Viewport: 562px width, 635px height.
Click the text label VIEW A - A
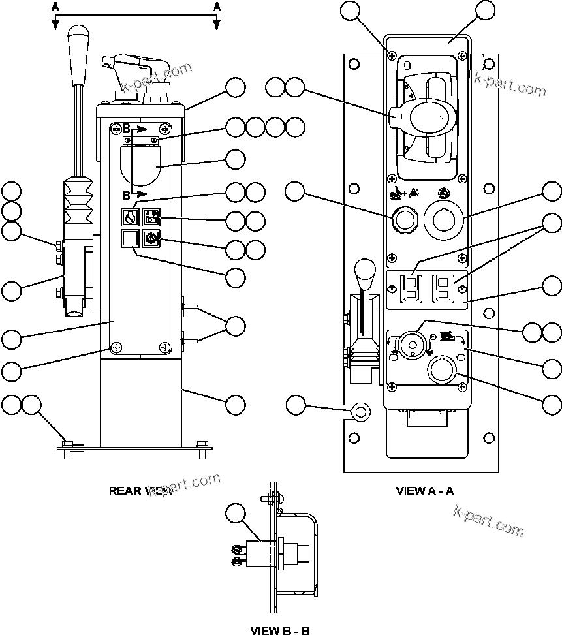click(424, 491)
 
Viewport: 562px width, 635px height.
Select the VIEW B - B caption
click(280, 630)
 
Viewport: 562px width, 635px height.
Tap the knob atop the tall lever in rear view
click(78, 37)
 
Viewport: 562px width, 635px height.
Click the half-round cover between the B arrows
click(140, 165)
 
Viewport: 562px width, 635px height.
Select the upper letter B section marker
click(127, 129)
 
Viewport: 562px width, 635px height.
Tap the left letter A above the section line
click(55, 7)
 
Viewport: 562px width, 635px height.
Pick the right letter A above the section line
click(217, 7)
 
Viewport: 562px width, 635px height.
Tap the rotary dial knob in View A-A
click(412, 344)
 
